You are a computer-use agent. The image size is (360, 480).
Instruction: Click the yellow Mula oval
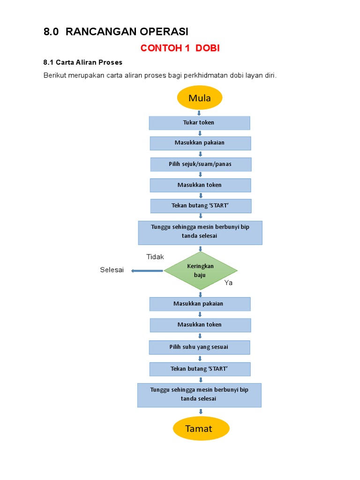pos(199,98)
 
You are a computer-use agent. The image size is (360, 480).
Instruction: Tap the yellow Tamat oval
pos(201,428)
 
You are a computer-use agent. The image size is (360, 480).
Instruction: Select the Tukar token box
pos(199,123)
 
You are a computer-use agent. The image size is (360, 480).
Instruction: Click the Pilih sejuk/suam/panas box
pos(200,165)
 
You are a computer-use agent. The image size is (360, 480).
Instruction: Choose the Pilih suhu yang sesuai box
pos(199,347)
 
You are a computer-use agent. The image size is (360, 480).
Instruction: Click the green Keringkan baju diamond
pos(200,270)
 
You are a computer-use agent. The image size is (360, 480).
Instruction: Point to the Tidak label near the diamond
pos(155,257)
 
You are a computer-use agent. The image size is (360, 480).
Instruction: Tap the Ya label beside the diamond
pos(228,283)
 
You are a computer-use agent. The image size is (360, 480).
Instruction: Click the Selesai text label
pos(112,270)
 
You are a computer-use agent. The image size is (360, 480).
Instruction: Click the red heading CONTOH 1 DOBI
pos(180,48)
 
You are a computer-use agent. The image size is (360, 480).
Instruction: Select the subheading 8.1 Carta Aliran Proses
pos(83,62)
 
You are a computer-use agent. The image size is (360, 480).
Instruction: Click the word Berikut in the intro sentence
pos(56,75)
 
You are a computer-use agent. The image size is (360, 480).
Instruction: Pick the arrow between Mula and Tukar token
pos(199,113)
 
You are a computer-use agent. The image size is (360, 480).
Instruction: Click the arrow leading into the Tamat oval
pos(201,412)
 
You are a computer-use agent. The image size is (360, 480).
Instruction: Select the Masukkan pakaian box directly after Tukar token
pos(200,143)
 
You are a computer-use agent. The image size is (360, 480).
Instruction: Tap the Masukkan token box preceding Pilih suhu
pos(200,325)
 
